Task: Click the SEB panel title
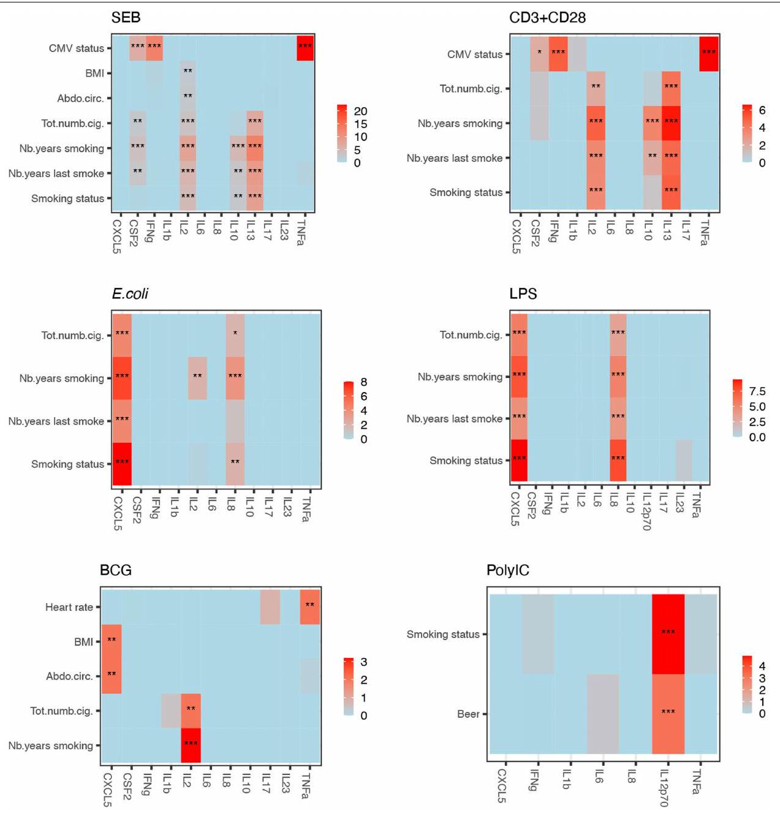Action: point(126,18)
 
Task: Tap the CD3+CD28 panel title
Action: point(547,18)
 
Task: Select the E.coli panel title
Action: point(130,294)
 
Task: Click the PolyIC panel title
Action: point(507,570)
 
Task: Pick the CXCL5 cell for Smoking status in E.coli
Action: point(122,463)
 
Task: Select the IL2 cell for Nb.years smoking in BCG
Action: point(191,746)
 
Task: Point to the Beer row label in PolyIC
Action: point(468,714)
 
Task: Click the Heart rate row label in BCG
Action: point(69,607)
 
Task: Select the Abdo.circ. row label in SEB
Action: point(80,98)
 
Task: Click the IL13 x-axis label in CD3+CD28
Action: point(668,230)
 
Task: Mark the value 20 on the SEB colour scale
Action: point(360,111)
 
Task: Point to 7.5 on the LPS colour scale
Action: point(757,391)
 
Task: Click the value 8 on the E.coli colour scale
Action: point(364,382)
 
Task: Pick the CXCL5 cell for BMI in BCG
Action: point(112,641)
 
